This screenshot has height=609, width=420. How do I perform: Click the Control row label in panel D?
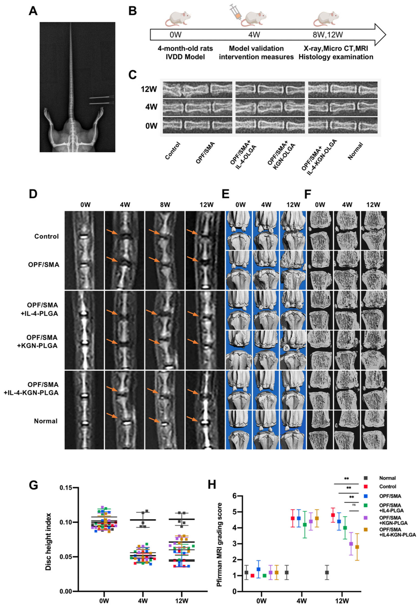click(x=46, y=236)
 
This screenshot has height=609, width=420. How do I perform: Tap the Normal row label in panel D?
click(x=46, y=421)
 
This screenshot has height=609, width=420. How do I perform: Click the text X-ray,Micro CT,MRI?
click(x=336, y=48)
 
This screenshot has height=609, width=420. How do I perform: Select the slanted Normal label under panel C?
click(x=355, y=151)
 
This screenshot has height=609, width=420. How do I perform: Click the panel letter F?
click(x=308, y=195)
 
